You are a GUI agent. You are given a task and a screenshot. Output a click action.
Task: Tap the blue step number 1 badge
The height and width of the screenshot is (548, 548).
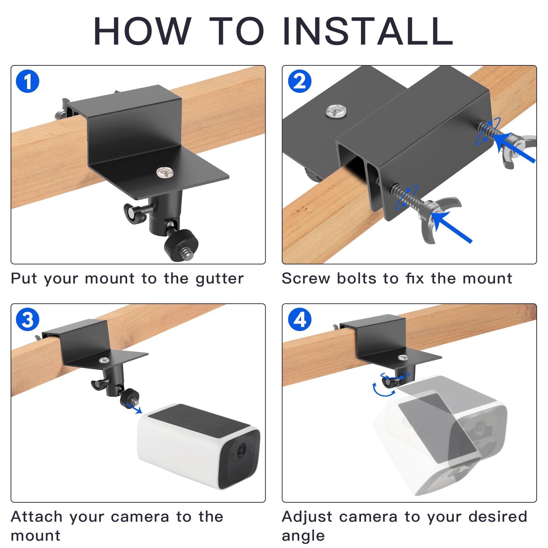[x=27, y=81]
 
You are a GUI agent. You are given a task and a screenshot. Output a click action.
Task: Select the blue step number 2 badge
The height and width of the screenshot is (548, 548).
[x=300, y=81]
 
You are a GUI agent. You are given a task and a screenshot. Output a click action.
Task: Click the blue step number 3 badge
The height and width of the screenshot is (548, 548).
[x=27, y=319]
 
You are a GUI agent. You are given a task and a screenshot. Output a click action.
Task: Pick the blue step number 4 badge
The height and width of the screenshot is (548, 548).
[x=300, y=319]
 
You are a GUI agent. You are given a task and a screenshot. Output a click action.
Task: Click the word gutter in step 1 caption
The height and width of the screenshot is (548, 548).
[x=219, y=279]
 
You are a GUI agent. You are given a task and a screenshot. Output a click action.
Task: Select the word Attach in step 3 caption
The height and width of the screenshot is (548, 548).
[x=37, y=517]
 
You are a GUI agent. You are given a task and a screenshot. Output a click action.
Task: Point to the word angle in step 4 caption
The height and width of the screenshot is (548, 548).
[x=303, y=536]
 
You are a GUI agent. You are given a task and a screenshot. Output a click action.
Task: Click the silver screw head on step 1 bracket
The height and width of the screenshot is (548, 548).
[x=165, y=172]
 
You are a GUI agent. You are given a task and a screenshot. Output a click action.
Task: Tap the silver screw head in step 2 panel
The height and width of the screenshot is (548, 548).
[x=336, y=111]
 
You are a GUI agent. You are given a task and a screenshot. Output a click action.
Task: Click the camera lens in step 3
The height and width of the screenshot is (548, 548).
[x=241, y=451]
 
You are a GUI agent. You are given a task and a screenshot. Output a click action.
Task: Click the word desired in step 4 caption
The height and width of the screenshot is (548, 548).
[x=498, y=517]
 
